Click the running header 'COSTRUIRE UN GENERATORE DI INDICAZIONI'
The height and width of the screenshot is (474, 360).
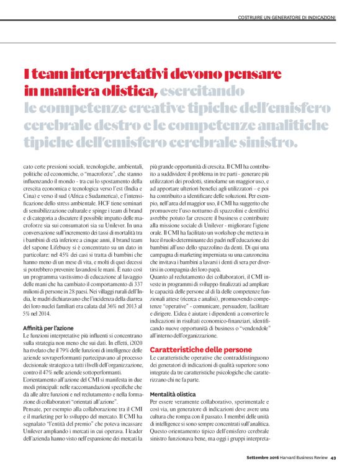287,17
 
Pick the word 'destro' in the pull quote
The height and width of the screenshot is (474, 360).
132,126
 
